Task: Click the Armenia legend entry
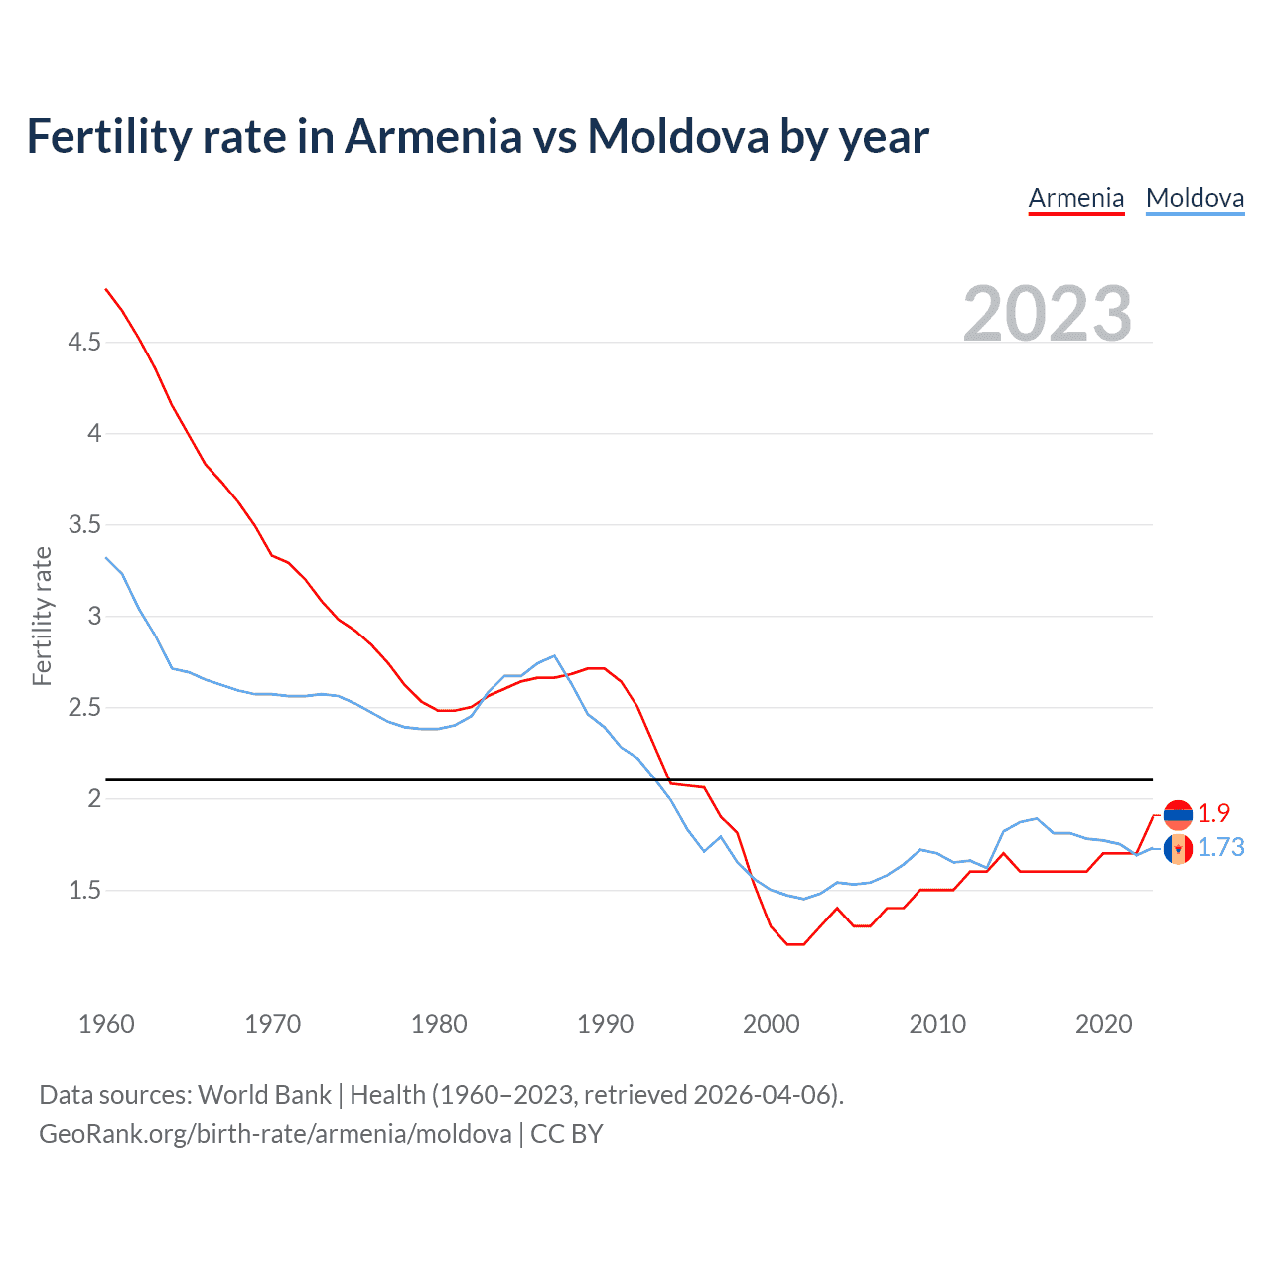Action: [1075, 198]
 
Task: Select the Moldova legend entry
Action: [1195, 198]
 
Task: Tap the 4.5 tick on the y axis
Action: [84, 343]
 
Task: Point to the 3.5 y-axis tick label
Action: [84, 525]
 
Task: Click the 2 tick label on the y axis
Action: [94, 799]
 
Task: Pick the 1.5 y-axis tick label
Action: [84, 891]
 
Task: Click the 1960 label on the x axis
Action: [106, 1024]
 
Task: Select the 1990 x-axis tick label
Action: [605, 1024]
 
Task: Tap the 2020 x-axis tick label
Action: [1103, 1024]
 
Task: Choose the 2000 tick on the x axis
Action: [771, 1024]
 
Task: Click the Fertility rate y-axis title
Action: [42, 616]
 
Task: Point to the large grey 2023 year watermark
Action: [1047, 314]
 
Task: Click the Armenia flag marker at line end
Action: [1178, 815]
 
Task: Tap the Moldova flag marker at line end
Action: [1178, 849]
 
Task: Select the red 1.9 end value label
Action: [1213, 813]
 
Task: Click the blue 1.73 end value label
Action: [1220, 847]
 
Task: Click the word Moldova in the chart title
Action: [677, 136]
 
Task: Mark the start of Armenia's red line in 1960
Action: [106, 289]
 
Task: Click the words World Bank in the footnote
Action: [264, 1095]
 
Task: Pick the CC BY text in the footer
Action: [567, 1134]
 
